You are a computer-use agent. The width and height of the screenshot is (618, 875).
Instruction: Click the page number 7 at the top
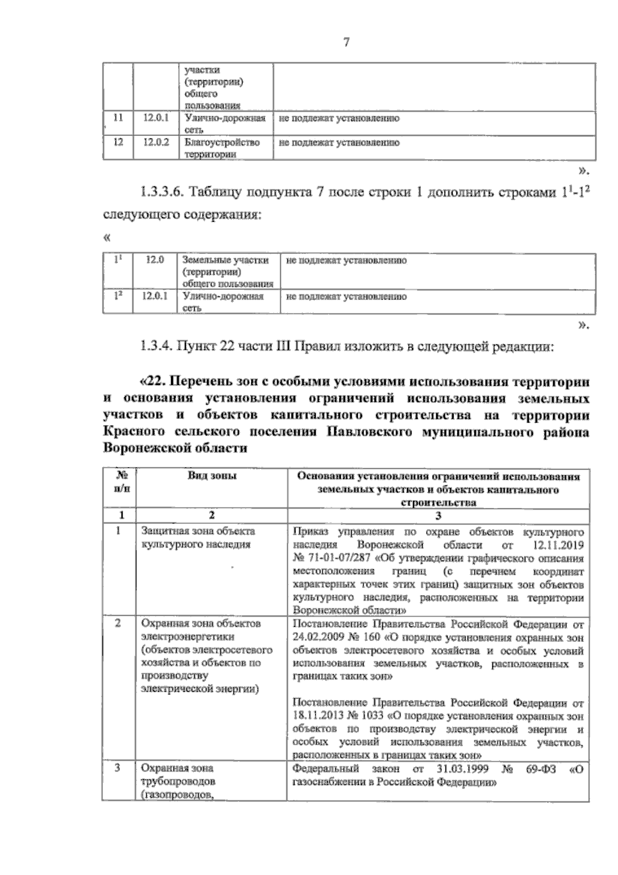click(346, 43)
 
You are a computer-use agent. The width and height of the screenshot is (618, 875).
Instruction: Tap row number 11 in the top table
click(118, 118)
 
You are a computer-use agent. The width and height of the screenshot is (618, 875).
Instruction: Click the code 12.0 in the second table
click(154, 260)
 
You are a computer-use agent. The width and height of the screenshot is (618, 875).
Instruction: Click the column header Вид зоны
click(212, 476)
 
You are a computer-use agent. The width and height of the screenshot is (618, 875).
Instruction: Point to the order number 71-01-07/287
click(333, 558)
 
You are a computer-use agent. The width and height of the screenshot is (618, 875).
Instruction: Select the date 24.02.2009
click(316, 637)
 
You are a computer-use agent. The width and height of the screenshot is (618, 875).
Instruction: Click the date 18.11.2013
click(316, 716)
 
